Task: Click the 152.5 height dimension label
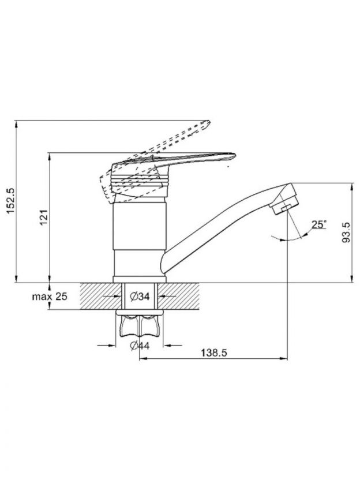pyautogui.click(x=10, y=201)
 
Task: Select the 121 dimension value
pyautogui.click(x=44, y=217)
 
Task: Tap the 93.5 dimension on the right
pyautogui.click(x=346, y=232)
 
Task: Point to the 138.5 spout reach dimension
pyautogui.click(x=214, y=352)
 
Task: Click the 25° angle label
pyautogui.click(x=319, y=224)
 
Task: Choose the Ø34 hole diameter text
pyautogui.click(x=140, y=297)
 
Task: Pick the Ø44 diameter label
pyautogui.click(x=140, y=346)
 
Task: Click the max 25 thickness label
pyautogui.click(x=50, y=297)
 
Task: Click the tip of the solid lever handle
pyautogui.click(x=235, y=156)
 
